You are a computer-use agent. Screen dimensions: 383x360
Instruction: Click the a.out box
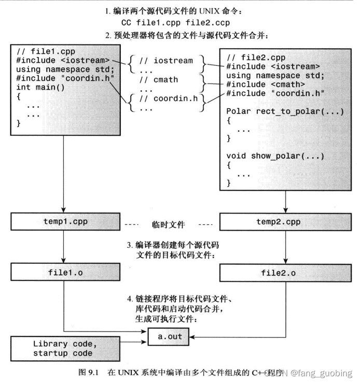tap(170, 336)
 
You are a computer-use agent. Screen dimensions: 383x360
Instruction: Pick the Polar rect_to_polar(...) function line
tap(285, 111)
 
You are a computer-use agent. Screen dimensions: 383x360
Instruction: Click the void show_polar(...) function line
tap(275, 155)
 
